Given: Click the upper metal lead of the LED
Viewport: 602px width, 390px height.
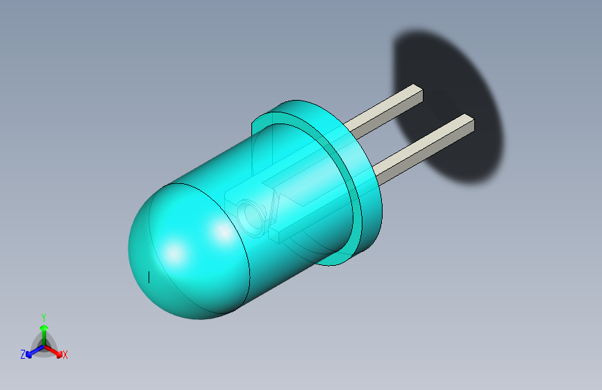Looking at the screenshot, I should coord(382,111).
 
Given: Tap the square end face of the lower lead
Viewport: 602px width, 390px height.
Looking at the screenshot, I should coord(468,126).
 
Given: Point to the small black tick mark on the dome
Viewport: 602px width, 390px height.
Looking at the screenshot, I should coord(149,277).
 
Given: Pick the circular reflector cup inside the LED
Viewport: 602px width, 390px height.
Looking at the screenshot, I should coord(251,217).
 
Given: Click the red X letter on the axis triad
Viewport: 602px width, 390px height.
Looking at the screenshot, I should coord(65,355).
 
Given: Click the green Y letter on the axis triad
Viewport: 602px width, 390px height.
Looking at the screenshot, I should coord(43,316).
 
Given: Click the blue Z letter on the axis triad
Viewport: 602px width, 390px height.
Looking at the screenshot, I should coord(23,355).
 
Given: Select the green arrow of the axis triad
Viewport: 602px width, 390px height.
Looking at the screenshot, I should coord(43,330).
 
